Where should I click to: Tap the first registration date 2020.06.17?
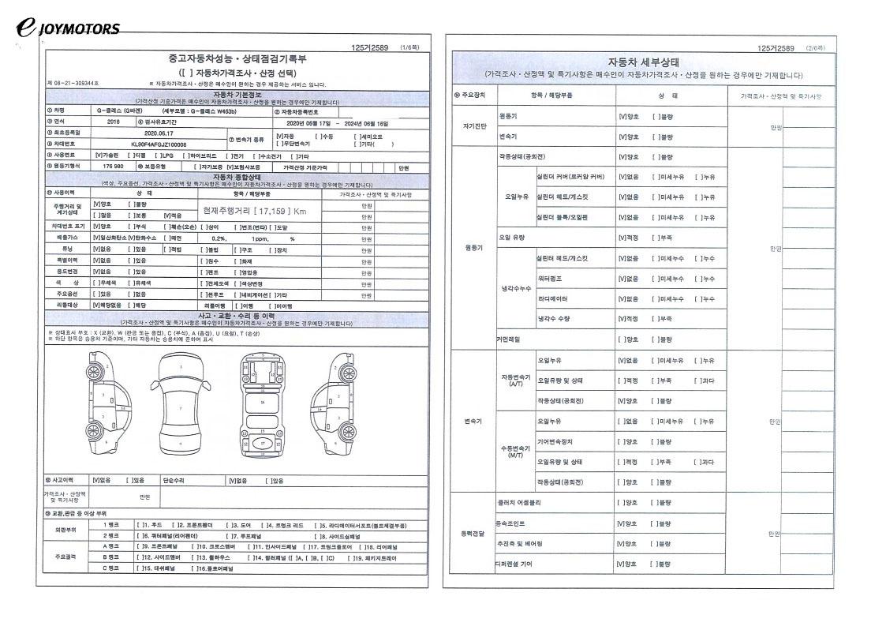pos(158,134)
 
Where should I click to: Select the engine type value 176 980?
pos(113,167)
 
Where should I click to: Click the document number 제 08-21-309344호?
pos(73,84)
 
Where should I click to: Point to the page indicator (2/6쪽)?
pos(816,48)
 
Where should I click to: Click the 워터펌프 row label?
pos(550,279)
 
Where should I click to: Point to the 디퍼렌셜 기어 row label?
pos(514,564)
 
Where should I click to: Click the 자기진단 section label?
pos(473,126)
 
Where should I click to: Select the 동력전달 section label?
pos(473,534)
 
